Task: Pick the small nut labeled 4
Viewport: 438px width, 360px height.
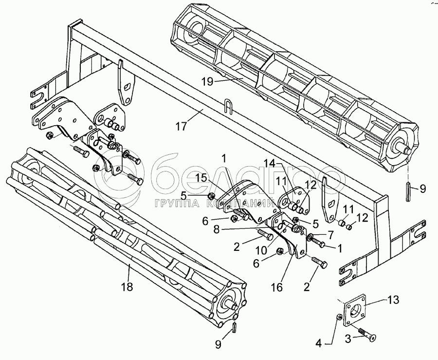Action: pos(339,318)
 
